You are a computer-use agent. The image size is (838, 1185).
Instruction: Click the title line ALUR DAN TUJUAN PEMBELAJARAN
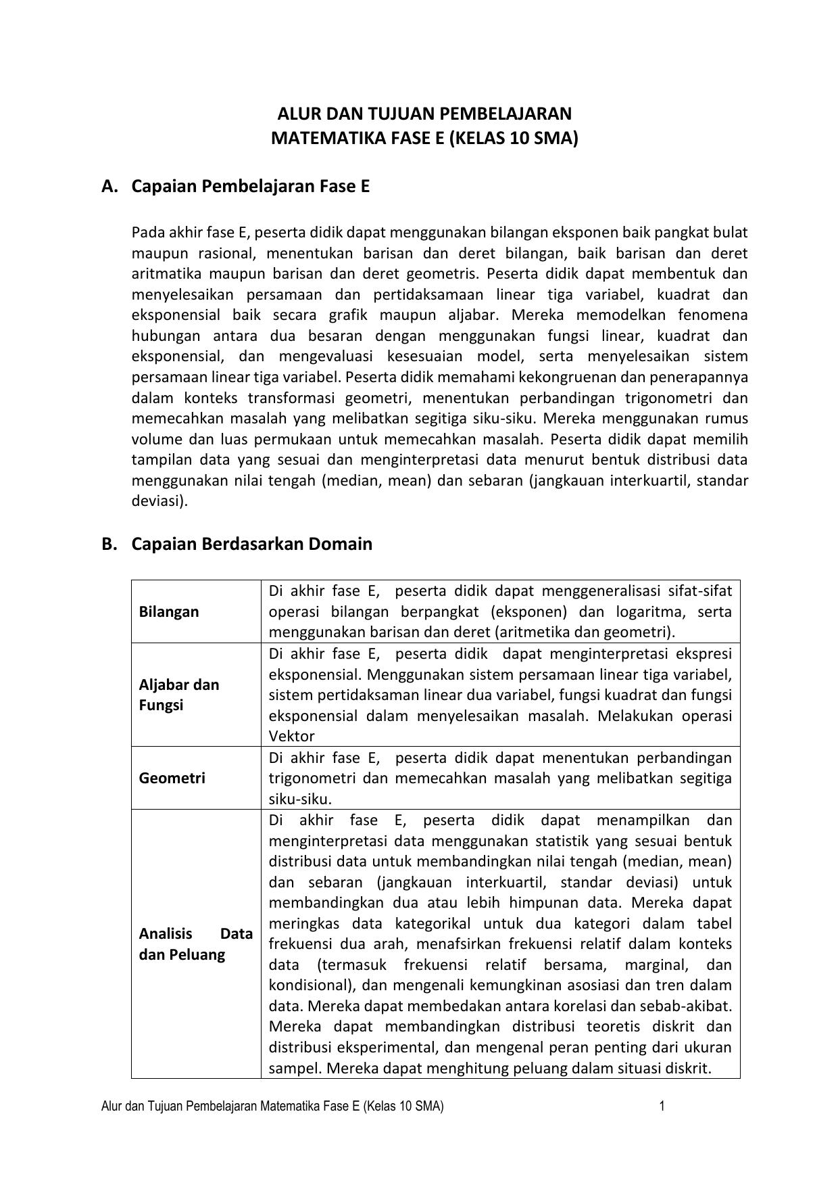(x=424, y=113)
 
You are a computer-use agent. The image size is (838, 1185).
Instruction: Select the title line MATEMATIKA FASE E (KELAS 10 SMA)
(x=424, y=139)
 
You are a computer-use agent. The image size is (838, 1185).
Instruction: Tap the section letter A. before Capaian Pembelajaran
(x=110, y=187)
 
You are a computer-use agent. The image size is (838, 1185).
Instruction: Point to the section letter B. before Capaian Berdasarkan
(x=110, y=544)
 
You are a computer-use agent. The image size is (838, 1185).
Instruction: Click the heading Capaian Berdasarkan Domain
(x=251, y=544)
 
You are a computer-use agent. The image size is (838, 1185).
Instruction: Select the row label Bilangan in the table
(x=169, y=611)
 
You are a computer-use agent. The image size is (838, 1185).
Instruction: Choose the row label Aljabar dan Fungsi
(x=179, y=695)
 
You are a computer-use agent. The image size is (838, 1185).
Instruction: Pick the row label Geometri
(x=172, y=778)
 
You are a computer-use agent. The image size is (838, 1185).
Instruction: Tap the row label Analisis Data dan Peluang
(x=195, y=944)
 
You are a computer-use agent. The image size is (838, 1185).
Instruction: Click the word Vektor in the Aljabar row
(x=291, y=736)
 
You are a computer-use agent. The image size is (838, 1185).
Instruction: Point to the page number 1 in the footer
(x=662, y=1107)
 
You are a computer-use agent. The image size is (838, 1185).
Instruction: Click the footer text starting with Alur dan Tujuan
(x=272, y=1107)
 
